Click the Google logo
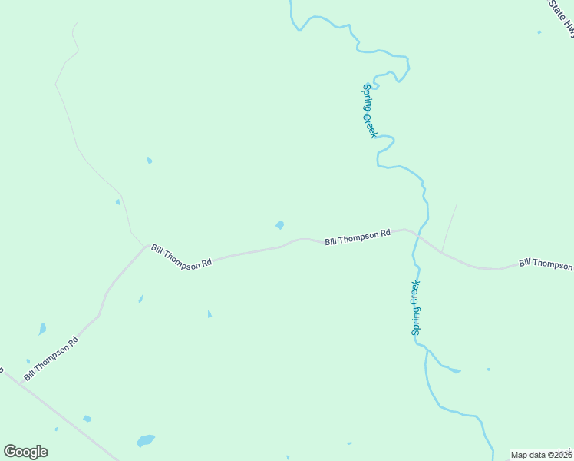[x=25, y=452]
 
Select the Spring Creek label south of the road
[x=415, y=307]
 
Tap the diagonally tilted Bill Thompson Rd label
[x=51, y=358]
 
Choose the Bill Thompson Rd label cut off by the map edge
[x=546, y=264]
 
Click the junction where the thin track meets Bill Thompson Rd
[x=146, y=246]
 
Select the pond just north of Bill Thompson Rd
[x=280, y=225]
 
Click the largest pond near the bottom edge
[x=145, y=441]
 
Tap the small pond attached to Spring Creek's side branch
[x=455, y=371]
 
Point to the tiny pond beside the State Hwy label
[x=539, y=32]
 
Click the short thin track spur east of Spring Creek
[x=450, y=227]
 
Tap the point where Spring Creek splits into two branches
[x=427, y=352]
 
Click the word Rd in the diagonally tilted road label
[x=73, y=340]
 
